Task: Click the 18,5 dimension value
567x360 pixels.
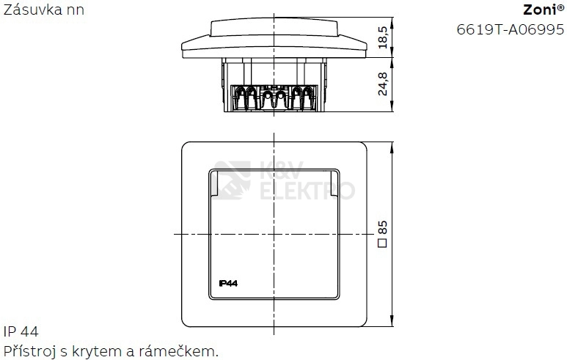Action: (383, 37)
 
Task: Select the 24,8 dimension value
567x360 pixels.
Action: (383, 84)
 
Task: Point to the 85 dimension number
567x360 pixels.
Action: (383, 227)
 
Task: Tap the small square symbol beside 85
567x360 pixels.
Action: (383, 243)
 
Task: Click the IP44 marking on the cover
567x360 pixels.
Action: (228, 283)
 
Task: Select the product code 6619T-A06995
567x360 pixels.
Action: (511, 29)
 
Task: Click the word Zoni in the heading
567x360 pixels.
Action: (540, 10)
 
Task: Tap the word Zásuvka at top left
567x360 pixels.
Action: (28, 9)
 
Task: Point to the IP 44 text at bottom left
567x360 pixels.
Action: (21, 331)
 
